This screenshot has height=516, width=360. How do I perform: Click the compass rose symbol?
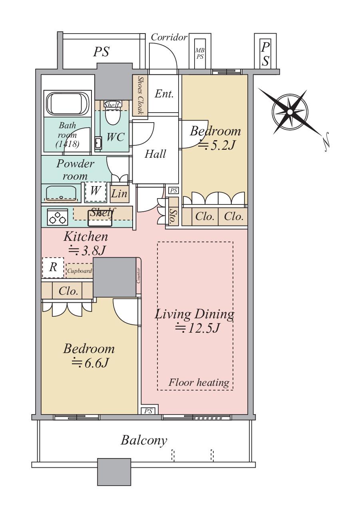point(290,112)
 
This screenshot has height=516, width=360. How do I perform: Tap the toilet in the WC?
point(113,113)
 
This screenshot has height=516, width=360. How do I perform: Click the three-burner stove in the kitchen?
point(58,217)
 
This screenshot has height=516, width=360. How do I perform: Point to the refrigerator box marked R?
point(53,268)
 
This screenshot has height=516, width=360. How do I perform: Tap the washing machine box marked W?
point(95,192)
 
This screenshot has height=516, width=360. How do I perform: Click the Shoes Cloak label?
point(140,95)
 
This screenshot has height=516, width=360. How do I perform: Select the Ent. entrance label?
point(164,94)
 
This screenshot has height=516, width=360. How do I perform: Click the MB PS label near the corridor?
point(200,53)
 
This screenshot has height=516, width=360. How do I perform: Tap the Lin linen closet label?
point(119,193)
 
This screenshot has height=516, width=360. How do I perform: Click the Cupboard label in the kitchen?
point(79,271)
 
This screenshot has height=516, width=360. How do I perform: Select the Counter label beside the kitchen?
point(138,275)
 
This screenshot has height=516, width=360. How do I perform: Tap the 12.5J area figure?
point(197,328)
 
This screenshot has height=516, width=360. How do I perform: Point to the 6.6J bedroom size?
point(90,363)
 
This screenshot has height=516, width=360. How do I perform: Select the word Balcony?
point(144,440)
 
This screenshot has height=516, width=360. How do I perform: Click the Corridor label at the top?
point(169,37)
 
